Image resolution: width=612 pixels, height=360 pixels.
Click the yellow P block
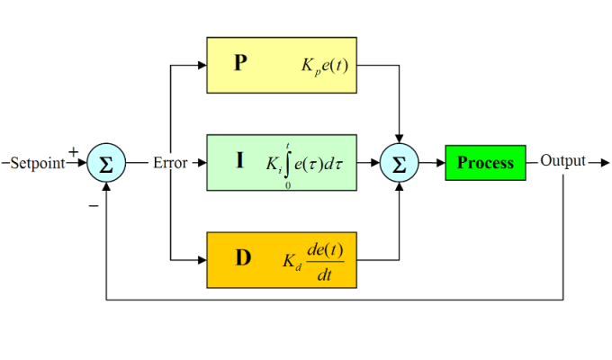(x=281, y=65)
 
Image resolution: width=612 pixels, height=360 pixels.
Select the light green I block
(x=281, y=162)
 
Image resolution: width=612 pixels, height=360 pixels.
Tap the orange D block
(x=281, y=259)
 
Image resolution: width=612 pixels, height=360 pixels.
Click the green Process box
(x=485, y=163)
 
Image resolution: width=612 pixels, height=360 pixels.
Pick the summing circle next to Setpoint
(x=106, y=163)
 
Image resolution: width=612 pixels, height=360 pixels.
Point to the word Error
(x=170, y=163)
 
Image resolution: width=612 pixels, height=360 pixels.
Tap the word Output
(x=562, y=162)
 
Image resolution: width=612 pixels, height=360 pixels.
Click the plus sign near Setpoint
(x=73, y=152)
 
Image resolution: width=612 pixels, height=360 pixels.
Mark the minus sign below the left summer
(x=93, y=205)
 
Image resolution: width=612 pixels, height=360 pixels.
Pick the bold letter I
(x=239, y=162)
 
